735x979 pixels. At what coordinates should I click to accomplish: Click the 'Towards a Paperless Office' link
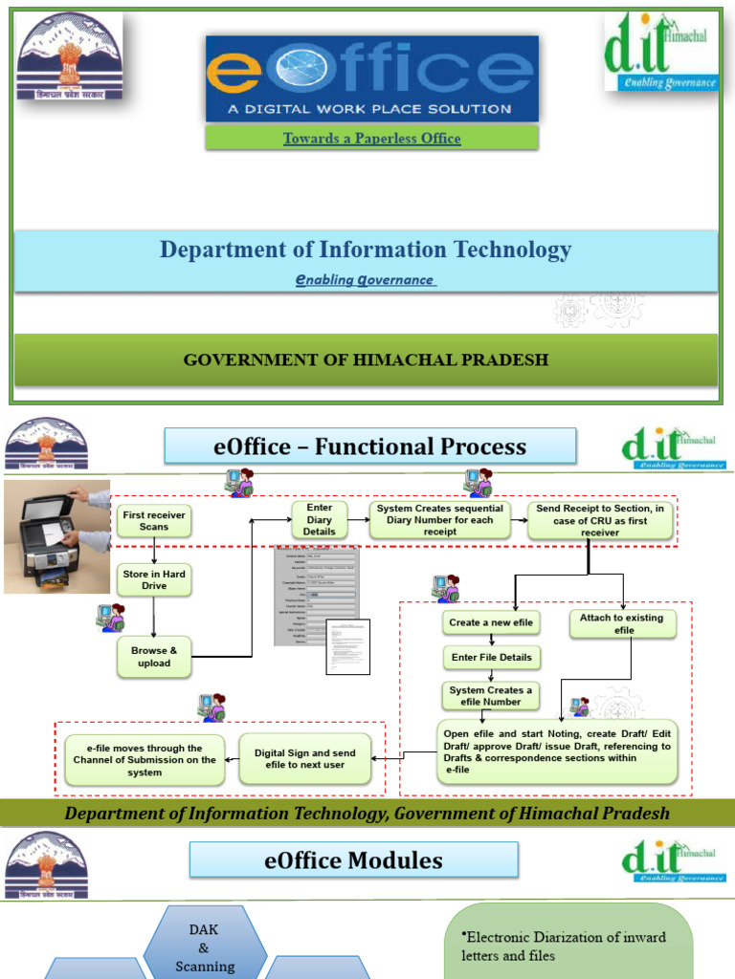(x=371, y=139)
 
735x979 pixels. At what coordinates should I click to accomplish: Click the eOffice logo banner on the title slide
(x=371, y=78)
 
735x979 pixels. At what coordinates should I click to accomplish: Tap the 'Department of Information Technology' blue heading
(x=366, y=250)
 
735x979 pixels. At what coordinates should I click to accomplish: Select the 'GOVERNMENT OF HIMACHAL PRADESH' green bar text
(x=366, y=360)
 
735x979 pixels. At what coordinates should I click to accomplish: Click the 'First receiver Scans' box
(x=153, y=521)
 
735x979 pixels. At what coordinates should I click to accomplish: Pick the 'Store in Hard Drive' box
(x=153, y=579)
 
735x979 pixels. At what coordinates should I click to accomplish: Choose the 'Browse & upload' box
(x=153, y=657)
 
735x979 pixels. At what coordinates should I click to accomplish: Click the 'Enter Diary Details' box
(x=319, y=520)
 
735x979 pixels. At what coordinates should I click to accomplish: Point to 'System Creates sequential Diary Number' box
(x=440, y=520)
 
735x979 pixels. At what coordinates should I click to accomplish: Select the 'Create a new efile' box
(x=492, y=623)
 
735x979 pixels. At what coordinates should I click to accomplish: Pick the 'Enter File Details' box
(x=492, y=658)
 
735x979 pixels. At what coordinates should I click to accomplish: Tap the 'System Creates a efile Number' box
(x=492, y=696)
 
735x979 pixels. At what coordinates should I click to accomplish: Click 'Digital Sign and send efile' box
(x=304, y=759)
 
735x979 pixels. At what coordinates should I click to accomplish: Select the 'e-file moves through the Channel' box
(x=145, y=760)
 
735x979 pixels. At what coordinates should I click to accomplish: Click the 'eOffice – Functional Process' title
(x=370, y=446)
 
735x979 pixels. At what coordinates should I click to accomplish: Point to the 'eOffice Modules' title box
(x=353, y=860)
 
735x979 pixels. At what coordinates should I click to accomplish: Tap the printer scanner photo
(x=56, y=535)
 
